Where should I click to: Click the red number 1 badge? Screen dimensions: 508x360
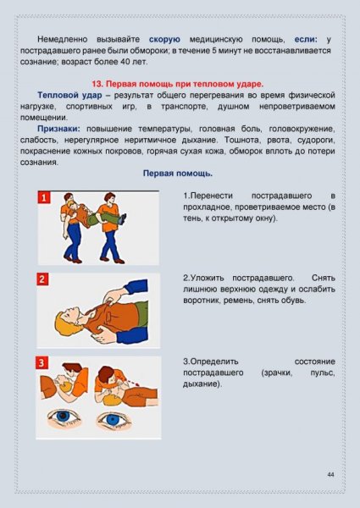click(43, 198)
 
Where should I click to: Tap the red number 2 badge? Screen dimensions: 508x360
click(43, 279)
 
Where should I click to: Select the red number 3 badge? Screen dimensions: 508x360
click(43, 362)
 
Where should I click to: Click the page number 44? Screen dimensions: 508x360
click(331, 475)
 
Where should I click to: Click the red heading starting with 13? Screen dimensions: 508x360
click(177, 84)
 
